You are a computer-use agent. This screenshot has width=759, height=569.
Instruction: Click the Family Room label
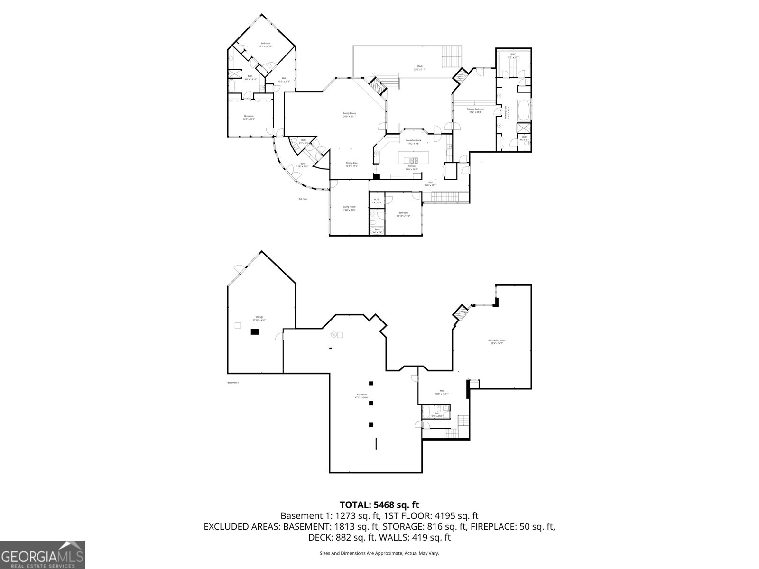[x=349, y=114]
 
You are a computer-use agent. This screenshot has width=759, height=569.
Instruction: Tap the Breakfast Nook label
[x=413, y=141]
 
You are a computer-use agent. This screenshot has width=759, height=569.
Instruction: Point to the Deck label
[x=420, y=68]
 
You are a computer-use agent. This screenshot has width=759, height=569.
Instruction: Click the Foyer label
[x=302, y=165]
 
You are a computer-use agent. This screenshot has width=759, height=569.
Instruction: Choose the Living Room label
[x=349, y=208]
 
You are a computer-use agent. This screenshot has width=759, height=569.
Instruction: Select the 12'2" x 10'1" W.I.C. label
[x=513, y=56]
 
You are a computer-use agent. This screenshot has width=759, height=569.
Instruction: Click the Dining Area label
[x=352, y=164]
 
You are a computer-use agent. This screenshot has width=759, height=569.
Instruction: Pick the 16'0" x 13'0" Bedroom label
[x=249, y=118]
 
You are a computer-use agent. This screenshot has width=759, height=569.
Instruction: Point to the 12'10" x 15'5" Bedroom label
[x=403, y=214]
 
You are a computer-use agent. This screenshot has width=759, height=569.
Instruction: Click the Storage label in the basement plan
[x=259, y=318]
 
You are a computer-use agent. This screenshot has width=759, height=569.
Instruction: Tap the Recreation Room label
[x=497, y=341]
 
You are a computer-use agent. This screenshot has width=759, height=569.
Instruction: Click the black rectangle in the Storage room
[x=255, y=332]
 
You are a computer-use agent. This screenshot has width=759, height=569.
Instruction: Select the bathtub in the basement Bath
[x=426, y=411]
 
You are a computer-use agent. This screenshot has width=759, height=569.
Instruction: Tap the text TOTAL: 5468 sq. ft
[x=379, y=505]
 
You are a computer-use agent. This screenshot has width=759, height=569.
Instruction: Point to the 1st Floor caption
[x=303, y=199]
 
